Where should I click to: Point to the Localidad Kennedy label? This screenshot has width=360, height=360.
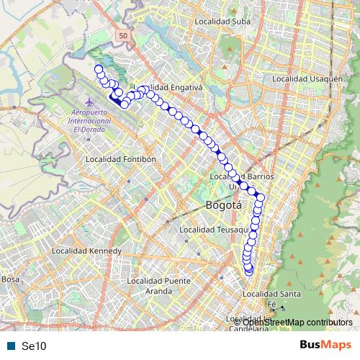click(81, 251)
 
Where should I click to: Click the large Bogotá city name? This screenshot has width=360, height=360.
click(223, 205)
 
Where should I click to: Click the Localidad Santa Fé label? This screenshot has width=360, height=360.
click(272, 299)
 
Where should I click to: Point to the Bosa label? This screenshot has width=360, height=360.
click(10, 279)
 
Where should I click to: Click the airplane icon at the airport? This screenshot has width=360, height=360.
click(89, 102)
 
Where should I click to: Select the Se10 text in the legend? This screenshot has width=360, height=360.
click(34, 346)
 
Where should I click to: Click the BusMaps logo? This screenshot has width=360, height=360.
click(325, 345)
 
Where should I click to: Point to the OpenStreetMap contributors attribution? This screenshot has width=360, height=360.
click(297, 322)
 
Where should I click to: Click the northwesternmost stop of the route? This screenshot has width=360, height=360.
click(99, 69)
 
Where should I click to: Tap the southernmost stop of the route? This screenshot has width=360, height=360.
click(250, 271)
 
